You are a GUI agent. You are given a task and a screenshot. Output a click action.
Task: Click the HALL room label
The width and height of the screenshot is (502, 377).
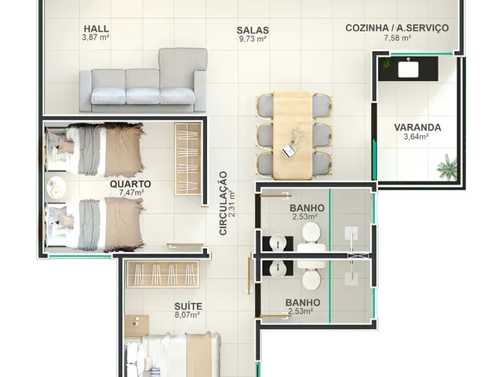click(x=96, y=28)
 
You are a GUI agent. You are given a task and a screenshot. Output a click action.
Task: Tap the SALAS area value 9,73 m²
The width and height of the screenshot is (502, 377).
click(x=253, y=39)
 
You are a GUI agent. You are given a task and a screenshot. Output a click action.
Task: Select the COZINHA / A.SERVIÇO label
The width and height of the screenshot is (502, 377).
click(x=397, y=28)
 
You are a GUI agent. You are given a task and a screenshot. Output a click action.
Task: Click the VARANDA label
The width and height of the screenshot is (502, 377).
click(x=417, y=127)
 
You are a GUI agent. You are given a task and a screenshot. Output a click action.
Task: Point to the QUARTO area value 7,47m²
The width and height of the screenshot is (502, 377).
click(x=131, y=192)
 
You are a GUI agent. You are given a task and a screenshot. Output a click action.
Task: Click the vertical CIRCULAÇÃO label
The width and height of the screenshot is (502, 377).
click(x=223, y=203)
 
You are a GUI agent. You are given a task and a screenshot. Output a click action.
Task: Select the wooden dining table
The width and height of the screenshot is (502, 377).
click(x=293, y=135)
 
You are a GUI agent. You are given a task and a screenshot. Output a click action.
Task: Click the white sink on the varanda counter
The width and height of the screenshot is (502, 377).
click(x=408, y=69)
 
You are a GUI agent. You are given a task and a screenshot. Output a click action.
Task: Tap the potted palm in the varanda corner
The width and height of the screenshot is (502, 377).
click(x=447, y=167)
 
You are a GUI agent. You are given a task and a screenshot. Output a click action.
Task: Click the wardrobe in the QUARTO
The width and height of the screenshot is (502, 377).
click(x=187, y=159)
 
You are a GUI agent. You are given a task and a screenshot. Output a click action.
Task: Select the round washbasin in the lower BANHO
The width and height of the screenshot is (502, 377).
click(x=278, y=269)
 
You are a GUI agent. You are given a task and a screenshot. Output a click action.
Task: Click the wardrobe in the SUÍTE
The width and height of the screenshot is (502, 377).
click(x=163, y=274)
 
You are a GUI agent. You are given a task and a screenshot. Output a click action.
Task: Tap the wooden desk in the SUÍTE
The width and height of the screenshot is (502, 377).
click(x=136, y=327)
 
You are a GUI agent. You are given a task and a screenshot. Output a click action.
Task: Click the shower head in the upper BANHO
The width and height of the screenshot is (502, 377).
click(x=351, y=233)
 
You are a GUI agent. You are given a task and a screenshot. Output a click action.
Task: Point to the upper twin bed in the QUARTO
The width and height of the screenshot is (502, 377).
click(x=94, y=149)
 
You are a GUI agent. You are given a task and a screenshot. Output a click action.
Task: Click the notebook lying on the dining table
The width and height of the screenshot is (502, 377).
click(x=289, y=152)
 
